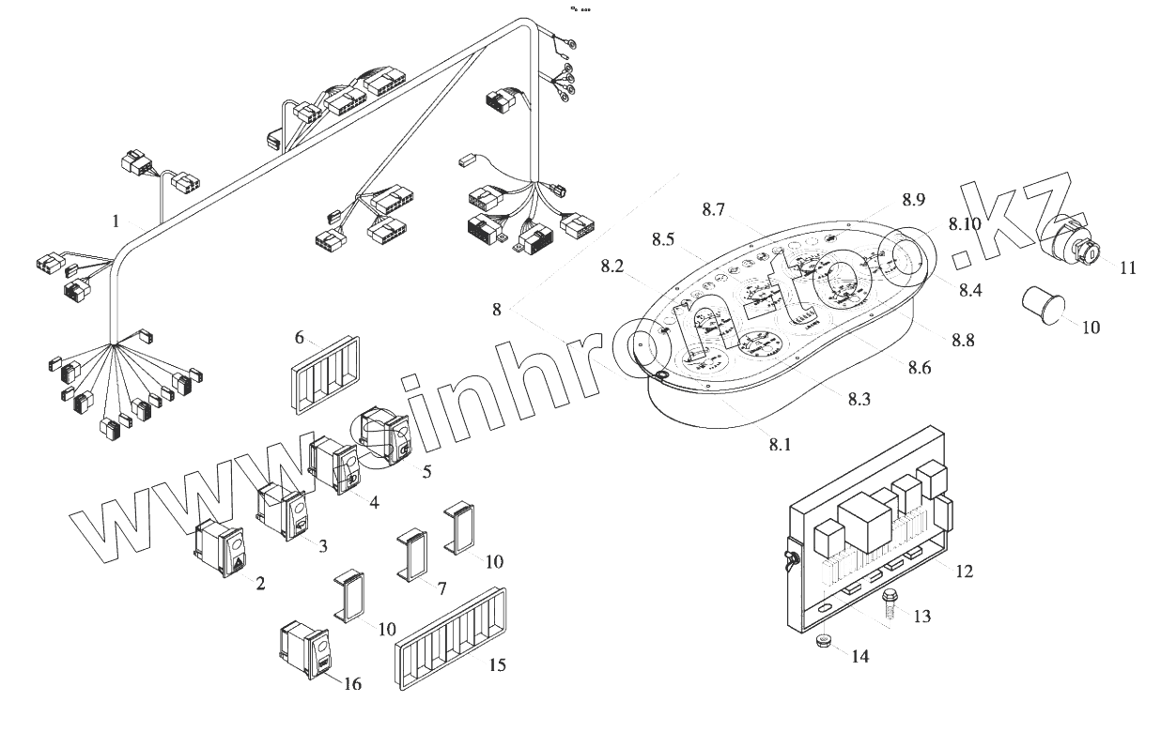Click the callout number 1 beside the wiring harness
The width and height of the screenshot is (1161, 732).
[116, 221]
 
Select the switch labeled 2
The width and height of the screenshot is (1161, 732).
[223, 548]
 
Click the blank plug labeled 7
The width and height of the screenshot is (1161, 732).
[412, 556]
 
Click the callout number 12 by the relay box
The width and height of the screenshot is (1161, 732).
[965, 571]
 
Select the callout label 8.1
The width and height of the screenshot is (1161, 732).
[780, 445]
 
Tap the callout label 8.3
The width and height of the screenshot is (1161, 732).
[859, 399]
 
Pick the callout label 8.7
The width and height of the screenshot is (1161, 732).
[713, 211]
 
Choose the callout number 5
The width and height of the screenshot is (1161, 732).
[426, 471]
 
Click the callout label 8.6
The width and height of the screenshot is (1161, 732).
[919, 369]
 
